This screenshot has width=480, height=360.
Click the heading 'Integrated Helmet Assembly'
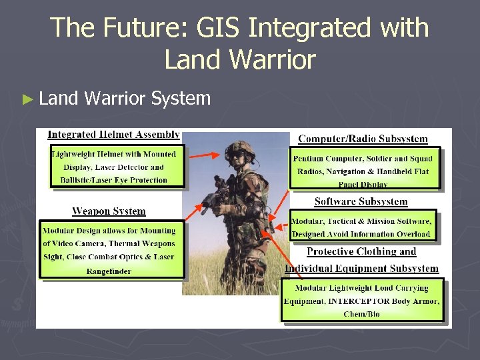coord(113,135)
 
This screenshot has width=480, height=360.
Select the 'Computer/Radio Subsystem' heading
coord(363,139)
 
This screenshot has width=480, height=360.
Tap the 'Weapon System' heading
coord(109,211)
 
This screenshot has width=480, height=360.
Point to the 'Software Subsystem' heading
coord(361,201)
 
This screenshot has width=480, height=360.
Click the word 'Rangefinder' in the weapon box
coord(109,271)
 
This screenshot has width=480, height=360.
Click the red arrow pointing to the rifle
coord(199,205)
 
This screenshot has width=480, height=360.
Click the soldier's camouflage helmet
coord(240,147)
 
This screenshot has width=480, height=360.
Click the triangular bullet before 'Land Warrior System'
coord(27,99)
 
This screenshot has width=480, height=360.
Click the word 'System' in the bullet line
coord(181,99)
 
